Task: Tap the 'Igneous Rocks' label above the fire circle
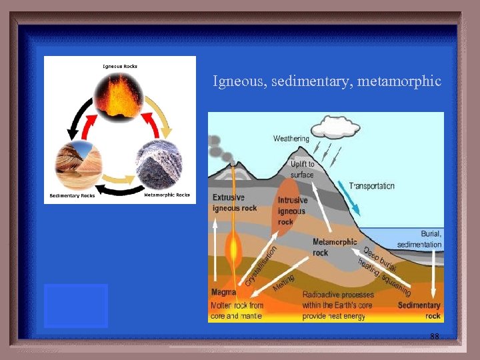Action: coord(120,66)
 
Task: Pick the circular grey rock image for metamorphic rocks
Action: coord(160,164)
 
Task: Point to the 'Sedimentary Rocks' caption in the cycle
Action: coord(73,195)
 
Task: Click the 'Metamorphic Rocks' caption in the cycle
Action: coord(167,195)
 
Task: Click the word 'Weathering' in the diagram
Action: coord(291,139)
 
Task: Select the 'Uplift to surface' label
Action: coord(302,169)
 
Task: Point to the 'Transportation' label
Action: coord(372,185)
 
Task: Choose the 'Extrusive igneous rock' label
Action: coord(235,203)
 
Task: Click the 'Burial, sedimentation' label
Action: coord(419,239)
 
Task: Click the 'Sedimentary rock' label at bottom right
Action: coord(419,310)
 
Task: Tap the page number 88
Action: coord(435,337)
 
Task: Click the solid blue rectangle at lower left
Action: coord(76,305)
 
